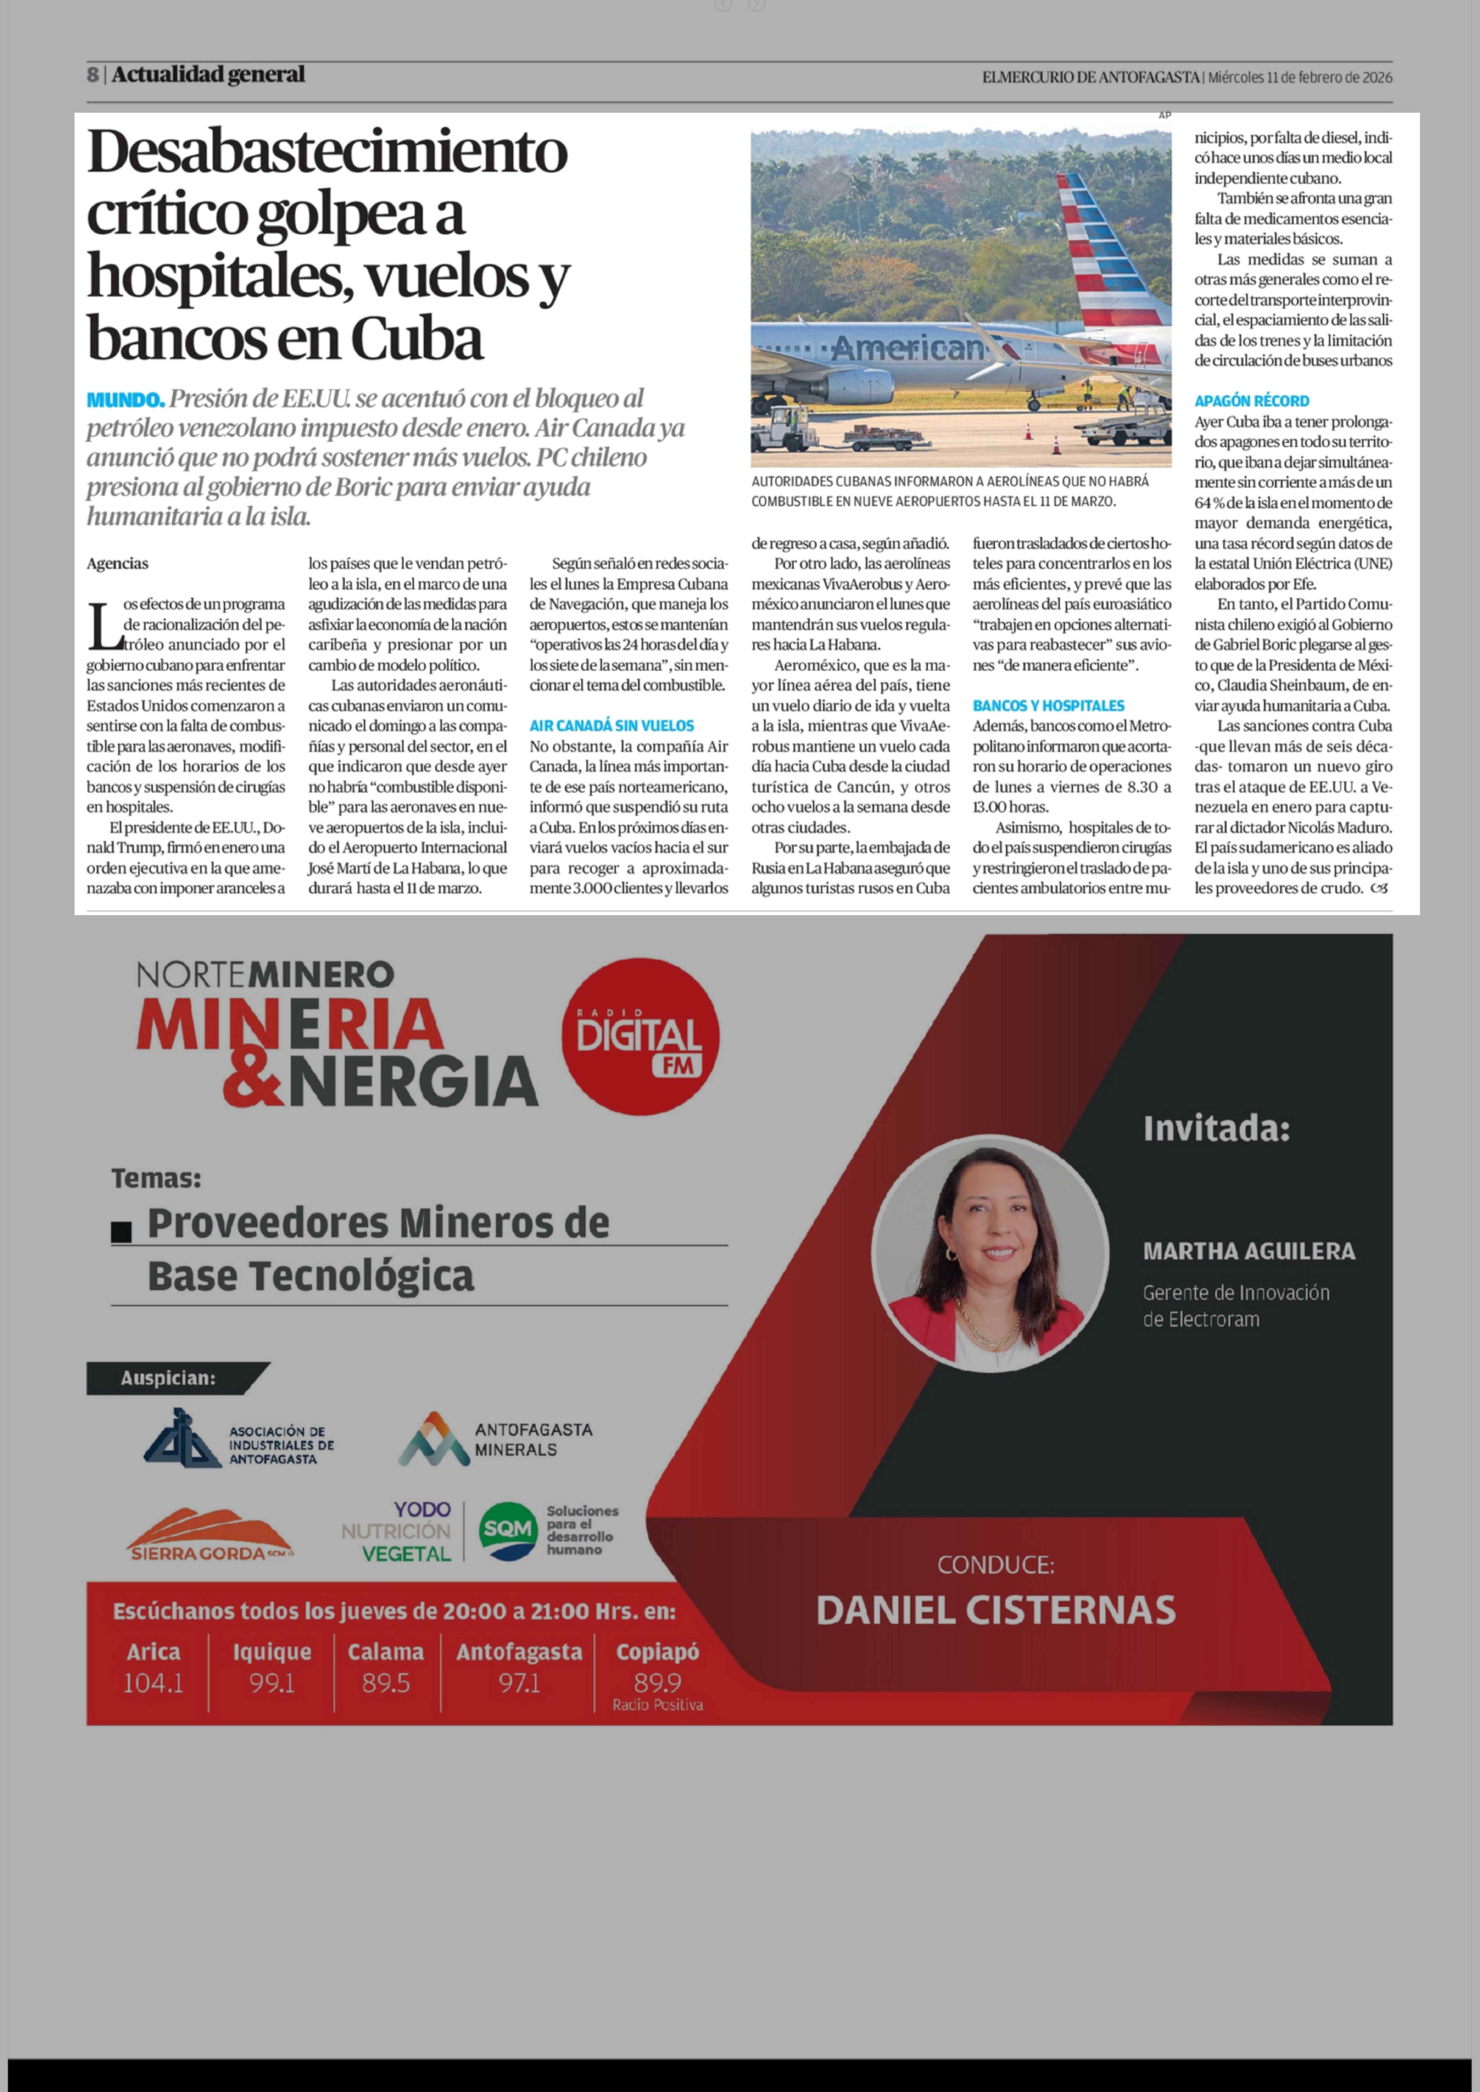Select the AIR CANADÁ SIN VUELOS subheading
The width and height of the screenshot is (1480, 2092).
point(612,725)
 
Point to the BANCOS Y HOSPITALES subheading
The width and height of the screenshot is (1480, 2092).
point(1048,705)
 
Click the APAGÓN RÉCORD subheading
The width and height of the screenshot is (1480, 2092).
point(1251,401)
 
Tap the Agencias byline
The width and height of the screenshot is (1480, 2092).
point(118,563)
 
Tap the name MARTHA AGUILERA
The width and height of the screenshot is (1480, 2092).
point(1249,1251)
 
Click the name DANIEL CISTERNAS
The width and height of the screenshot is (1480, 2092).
point(995,1610)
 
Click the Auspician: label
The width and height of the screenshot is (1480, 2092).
point(168,1378)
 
